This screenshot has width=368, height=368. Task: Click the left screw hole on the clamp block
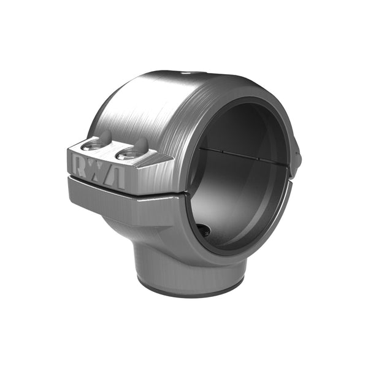click(91, 146)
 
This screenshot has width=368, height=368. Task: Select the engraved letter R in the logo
click(80, 163)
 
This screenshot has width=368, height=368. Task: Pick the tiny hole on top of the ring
click(186, 72)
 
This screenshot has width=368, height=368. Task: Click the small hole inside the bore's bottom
click(204, 231)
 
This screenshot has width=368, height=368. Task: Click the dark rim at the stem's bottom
click(190, 290)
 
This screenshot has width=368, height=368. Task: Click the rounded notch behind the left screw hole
click(105, 136)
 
